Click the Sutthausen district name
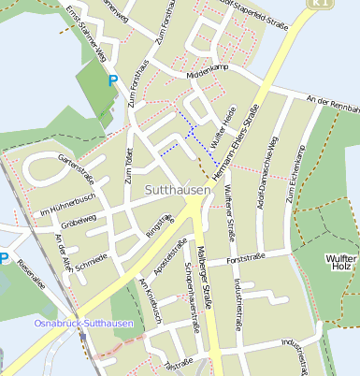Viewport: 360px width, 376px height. tap(179, 190)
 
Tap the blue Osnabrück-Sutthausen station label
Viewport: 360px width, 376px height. tap(83, 324)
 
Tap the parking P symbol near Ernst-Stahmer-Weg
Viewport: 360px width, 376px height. tap(113, 81)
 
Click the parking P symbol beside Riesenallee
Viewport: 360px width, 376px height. tap(4, 258)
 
